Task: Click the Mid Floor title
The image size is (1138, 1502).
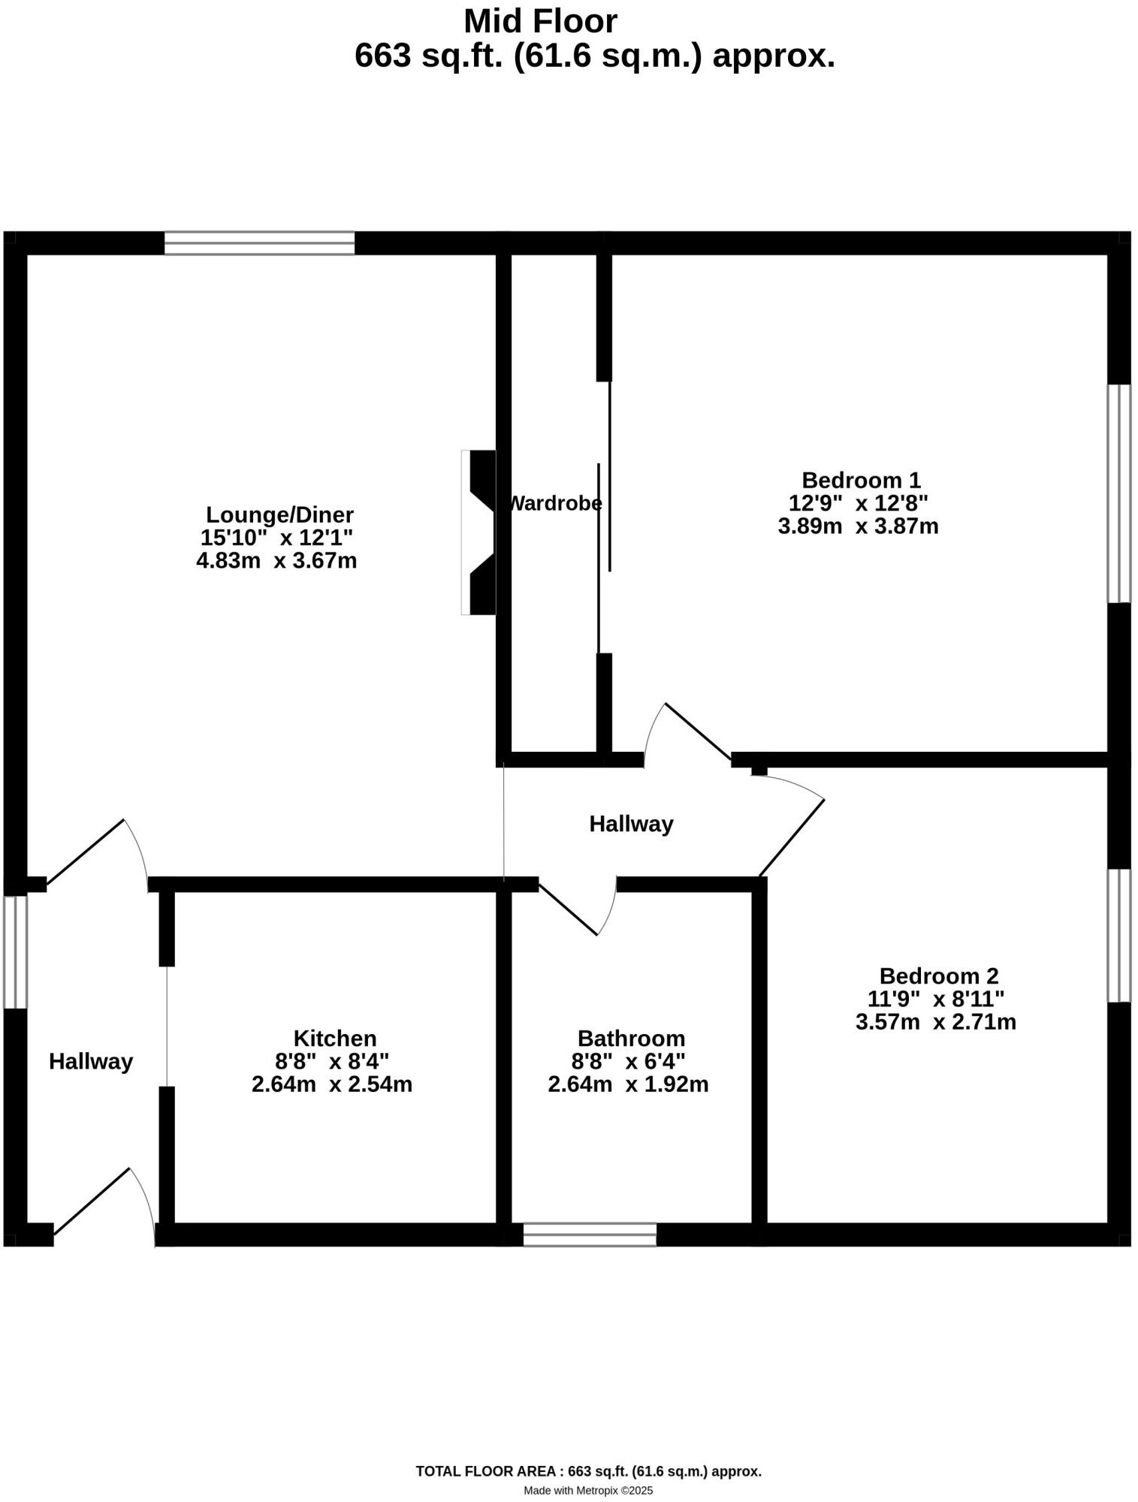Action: coord(540,21)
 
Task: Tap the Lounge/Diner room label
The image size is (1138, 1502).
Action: coord(279,515)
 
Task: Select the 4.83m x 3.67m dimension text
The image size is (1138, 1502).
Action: coord(276,560)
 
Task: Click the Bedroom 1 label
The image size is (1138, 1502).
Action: coord(861,480)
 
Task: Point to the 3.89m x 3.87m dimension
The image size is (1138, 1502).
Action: coord(858,526)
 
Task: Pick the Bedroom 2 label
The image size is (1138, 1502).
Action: coord(939,976)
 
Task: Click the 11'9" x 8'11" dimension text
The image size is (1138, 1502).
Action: coord(936,999)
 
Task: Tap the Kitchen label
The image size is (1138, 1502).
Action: coord(334,1039)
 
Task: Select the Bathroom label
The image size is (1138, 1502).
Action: coord(631,1039)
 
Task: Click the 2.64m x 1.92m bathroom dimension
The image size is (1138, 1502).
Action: coord(628,1084)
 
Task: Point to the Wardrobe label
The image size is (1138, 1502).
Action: coord(556,503)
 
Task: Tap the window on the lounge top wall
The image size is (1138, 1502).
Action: coord(259,243)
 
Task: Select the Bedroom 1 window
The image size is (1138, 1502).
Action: coord(1119,493)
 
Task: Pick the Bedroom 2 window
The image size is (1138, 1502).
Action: coord(1119,935)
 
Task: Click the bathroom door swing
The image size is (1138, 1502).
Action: coord(593,909)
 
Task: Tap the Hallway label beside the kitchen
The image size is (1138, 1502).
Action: coord(91,1061)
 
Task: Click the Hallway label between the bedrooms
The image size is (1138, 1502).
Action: coord(631,824)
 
